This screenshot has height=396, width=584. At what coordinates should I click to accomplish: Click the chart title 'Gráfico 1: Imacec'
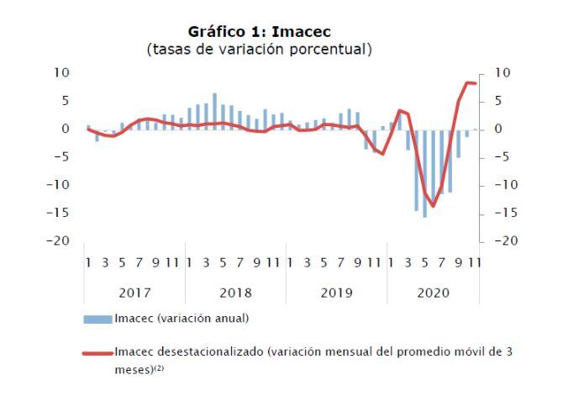point(259,32)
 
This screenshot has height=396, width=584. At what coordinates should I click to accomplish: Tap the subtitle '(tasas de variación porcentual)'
point(259,49)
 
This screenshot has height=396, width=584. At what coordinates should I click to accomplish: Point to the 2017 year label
point(134,293)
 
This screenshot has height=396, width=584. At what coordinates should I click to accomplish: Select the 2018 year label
point(235,293)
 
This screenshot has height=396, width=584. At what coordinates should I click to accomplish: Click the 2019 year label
point(336,293)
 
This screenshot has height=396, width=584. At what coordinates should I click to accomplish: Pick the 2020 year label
point(433,293)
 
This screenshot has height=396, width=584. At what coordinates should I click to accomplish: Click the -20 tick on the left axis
point(58,240)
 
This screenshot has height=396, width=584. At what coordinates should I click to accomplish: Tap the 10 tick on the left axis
point(61,72)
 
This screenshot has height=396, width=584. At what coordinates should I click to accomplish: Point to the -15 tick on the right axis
point(506,213)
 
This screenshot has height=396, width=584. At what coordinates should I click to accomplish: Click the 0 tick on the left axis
point(66,129)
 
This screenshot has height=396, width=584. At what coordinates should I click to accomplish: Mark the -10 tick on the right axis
point(506,185)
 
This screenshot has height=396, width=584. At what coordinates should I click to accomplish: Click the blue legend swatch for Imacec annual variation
point(97,319)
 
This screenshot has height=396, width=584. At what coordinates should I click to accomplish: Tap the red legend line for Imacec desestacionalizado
point(97,353)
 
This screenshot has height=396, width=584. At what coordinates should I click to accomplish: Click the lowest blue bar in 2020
point(424,173)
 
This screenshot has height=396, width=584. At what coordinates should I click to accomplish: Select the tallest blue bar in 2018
point(214,111)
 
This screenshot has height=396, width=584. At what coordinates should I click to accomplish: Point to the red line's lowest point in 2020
point(433,206)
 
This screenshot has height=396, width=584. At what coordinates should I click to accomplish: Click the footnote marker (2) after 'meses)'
point(159,368)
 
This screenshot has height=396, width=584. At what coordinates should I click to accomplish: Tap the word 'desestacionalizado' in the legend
point(210,351)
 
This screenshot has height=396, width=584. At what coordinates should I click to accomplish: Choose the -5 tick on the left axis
point(61,157)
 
